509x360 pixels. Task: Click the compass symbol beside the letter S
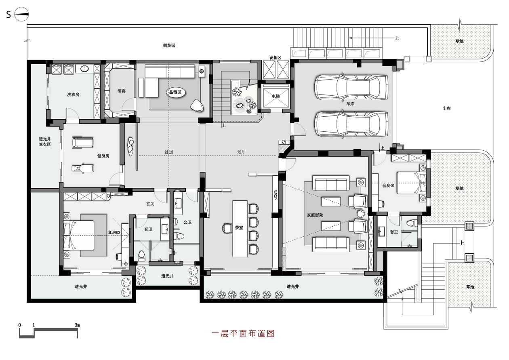[21, 14]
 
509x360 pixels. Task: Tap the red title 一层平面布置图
[243, 333]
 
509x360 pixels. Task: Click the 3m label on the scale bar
[77, 325]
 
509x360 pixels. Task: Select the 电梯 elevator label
[276, 96]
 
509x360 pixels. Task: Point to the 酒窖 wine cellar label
[122, 91]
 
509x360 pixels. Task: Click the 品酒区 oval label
[175, 92]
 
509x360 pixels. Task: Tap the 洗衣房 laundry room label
[73, 95]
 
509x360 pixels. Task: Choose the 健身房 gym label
[103, 156]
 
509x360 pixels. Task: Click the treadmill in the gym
[82, 143]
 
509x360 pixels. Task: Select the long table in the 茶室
[240, 229]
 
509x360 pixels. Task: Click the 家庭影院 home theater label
[315, 215]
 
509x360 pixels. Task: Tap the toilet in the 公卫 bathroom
[179, 236]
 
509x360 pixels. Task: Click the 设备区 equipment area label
[276, 58]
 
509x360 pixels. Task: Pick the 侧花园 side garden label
[169, 45]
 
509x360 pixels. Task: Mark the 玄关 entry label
[150, 204]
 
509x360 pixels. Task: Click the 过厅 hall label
[241, 152]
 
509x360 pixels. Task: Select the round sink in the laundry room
[84, 69]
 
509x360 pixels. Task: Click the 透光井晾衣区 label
[45, 141]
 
